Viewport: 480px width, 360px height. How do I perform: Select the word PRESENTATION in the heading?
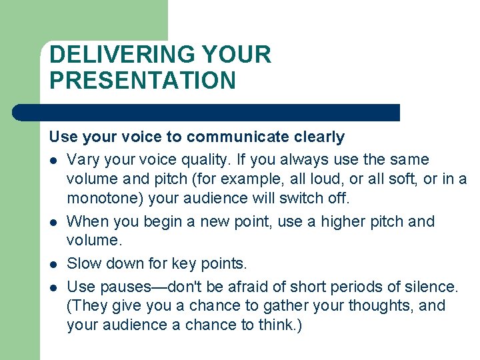(x=143, y=81)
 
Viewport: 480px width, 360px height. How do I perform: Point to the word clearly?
(x=319, y=137)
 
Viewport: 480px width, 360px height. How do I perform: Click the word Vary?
(x=83, y=160)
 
